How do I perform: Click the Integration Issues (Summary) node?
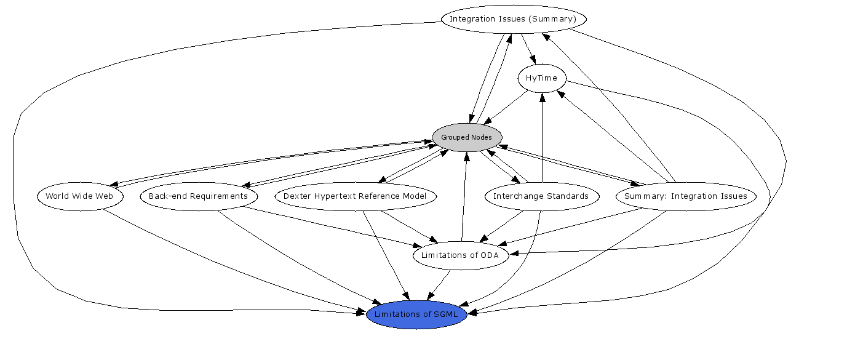(x=513, y=19)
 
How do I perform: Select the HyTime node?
(x=541, y=78)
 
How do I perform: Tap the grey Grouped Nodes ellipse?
(x=467, y=137)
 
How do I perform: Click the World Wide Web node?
(x=79, y=197)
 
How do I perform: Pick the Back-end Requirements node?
(x=198, y=197)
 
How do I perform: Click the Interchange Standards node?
(x=541, y=197)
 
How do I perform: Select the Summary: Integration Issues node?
(x=685, y=197)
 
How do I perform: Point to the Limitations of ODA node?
(x=461, y=255)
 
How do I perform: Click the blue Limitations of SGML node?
(x=417, y=315)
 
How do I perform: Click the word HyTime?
(x=541, y=78)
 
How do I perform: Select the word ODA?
(x=495, y=255)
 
